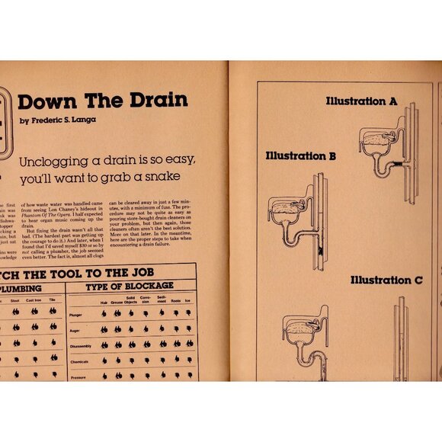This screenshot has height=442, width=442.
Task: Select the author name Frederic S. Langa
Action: point(62,121)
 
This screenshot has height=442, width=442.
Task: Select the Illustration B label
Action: point(301,156)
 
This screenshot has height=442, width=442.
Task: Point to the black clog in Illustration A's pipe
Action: point(398,163)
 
